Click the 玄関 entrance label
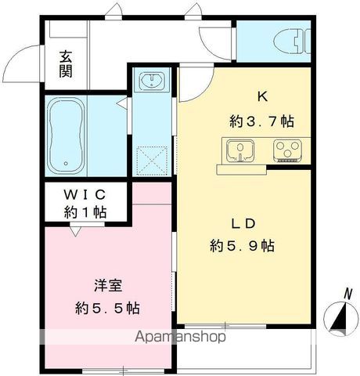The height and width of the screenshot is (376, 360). coord(66,64)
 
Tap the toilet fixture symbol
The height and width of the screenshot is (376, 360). coord(292,41)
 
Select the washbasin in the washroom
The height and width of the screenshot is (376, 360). coord(152,80)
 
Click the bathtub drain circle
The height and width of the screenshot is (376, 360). coord(66,164)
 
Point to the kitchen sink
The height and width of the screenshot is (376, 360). coord(240,151)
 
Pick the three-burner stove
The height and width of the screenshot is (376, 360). coord(287,151)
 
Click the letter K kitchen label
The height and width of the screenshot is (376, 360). coord(262,97)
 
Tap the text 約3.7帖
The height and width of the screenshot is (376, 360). coord(261,121)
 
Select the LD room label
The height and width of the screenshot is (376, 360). coord(243,223)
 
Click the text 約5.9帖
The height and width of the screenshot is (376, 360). coord(242,246)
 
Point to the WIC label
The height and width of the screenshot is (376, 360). coord(85,194)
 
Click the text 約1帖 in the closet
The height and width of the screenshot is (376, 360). coord(85,211)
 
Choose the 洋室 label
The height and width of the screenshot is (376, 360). coord(108,286)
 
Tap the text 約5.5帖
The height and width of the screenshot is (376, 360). coord(107,308)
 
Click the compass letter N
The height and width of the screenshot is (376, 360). coord(347,294)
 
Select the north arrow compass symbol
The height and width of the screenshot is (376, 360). coord(340,319)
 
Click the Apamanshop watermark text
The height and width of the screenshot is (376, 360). coord(180,337)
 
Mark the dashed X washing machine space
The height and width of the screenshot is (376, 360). coord(152,161)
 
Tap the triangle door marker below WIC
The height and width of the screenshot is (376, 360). coord(75,231)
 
